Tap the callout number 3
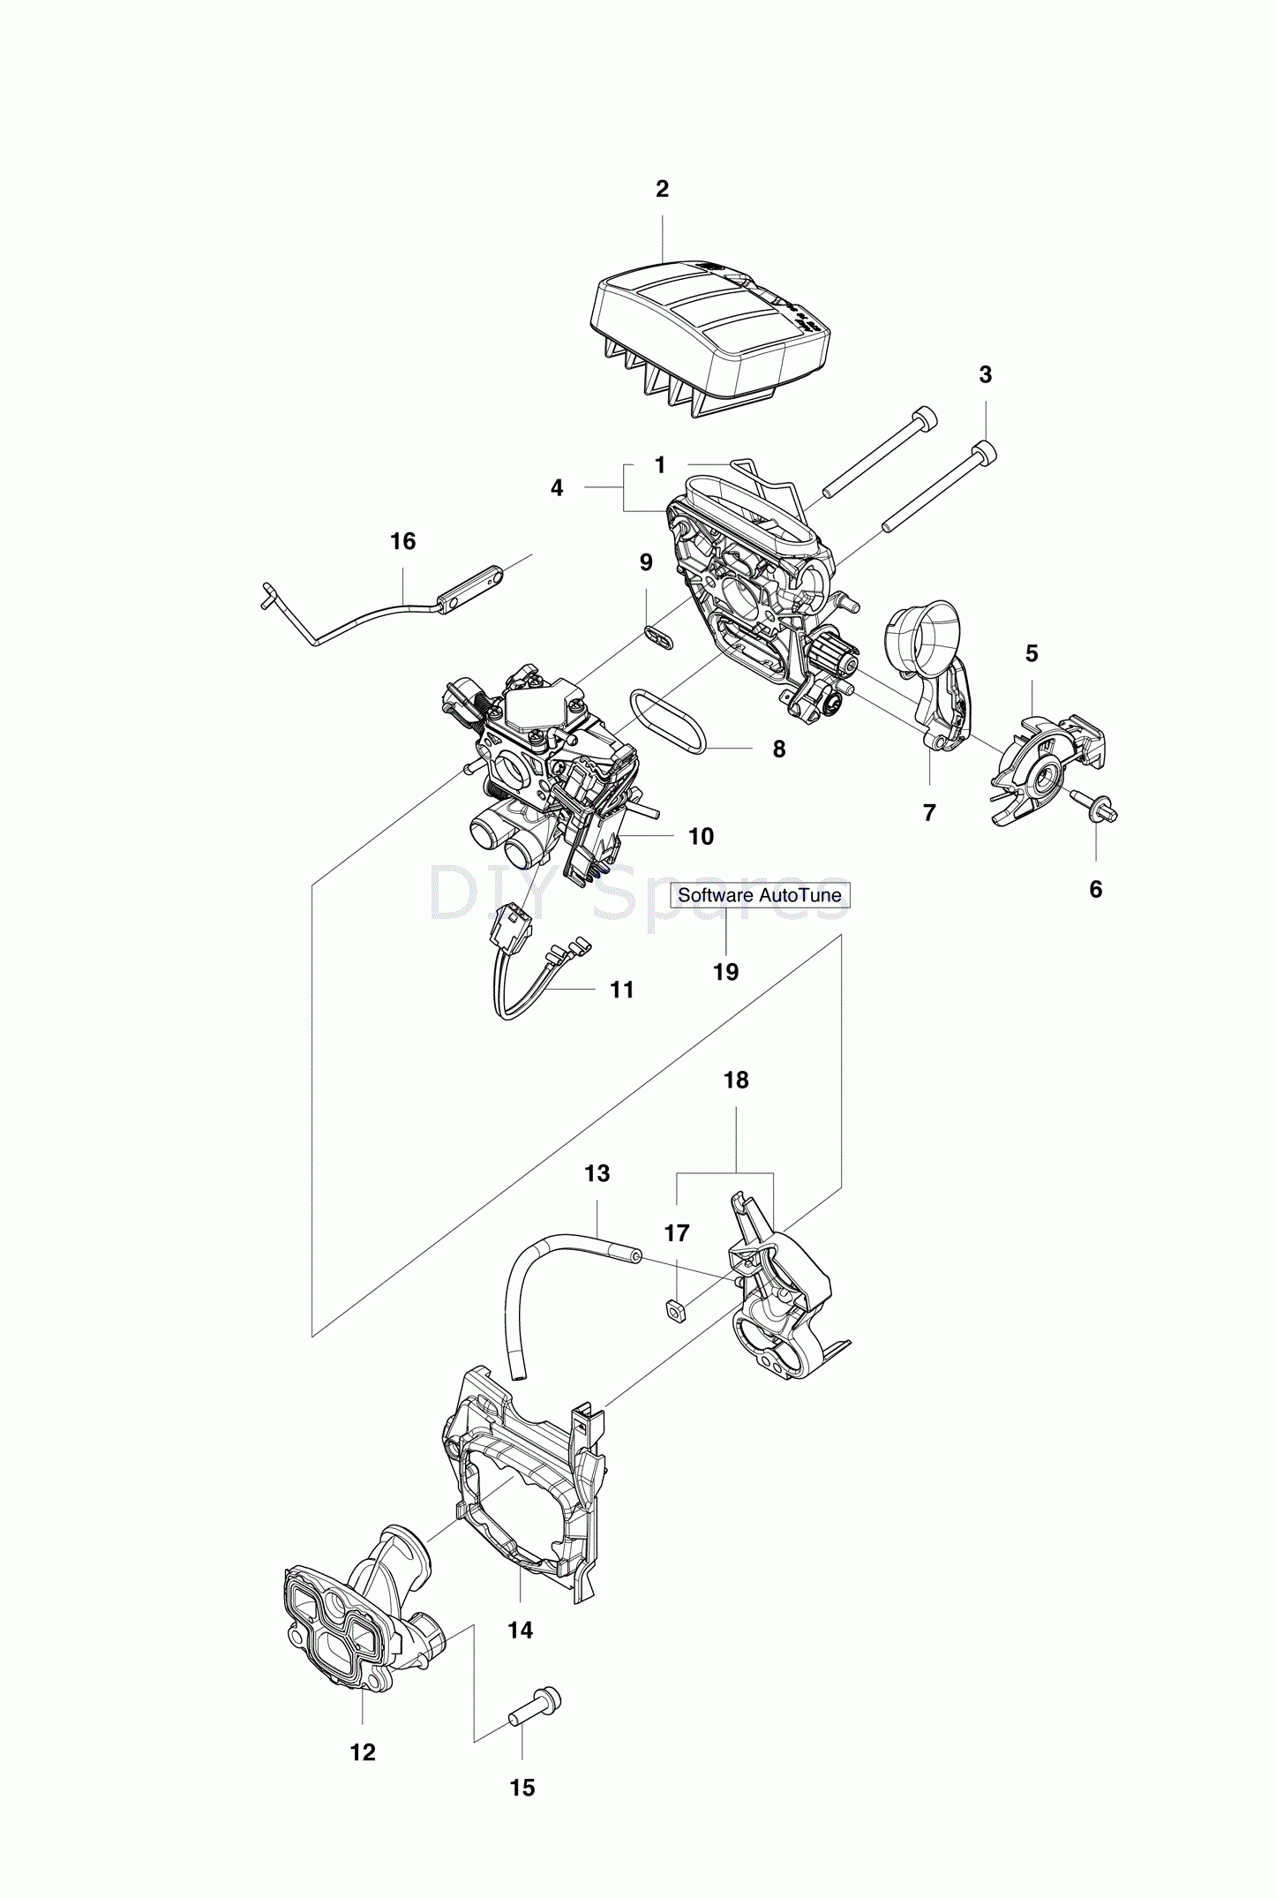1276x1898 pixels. (x=985, y=374)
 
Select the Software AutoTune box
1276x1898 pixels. (x=759, y=894)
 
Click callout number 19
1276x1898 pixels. (x=725, y=972)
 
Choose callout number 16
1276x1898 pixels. (x=402, y=541)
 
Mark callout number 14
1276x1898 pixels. (x=520, y=1630)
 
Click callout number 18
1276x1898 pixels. (x=736, y=1080)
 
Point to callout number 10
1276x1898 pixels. (x=701, y=836)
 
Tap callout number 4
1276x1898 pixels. (x=556, y=487)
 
